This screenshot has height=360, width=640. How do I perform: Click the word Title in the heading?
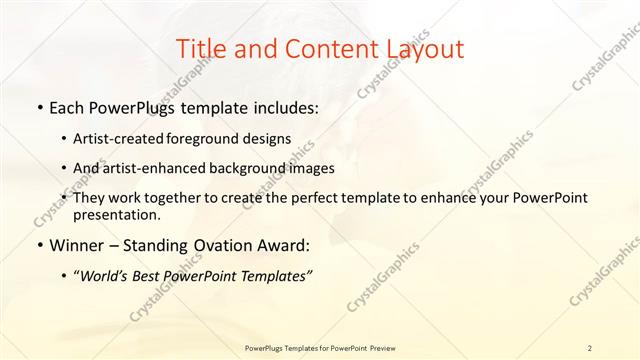pos(200,49)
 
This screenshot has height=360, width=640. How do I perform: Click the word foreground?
pos(211,140)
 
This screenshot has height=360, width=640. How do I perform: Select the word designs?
pos(268,140)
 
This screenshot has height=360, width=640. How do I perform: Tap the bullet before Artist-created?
pos(65,140)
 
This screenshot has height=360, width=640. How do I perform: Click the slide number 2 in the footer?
pos(589,347)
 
